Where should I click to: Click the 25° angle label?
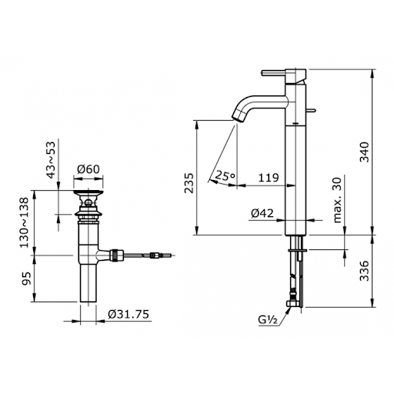click(225, 175)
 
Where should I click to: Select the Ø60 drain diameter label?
click(90, 172)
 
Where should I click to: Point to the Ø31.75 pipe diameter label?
click(119, 315)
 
